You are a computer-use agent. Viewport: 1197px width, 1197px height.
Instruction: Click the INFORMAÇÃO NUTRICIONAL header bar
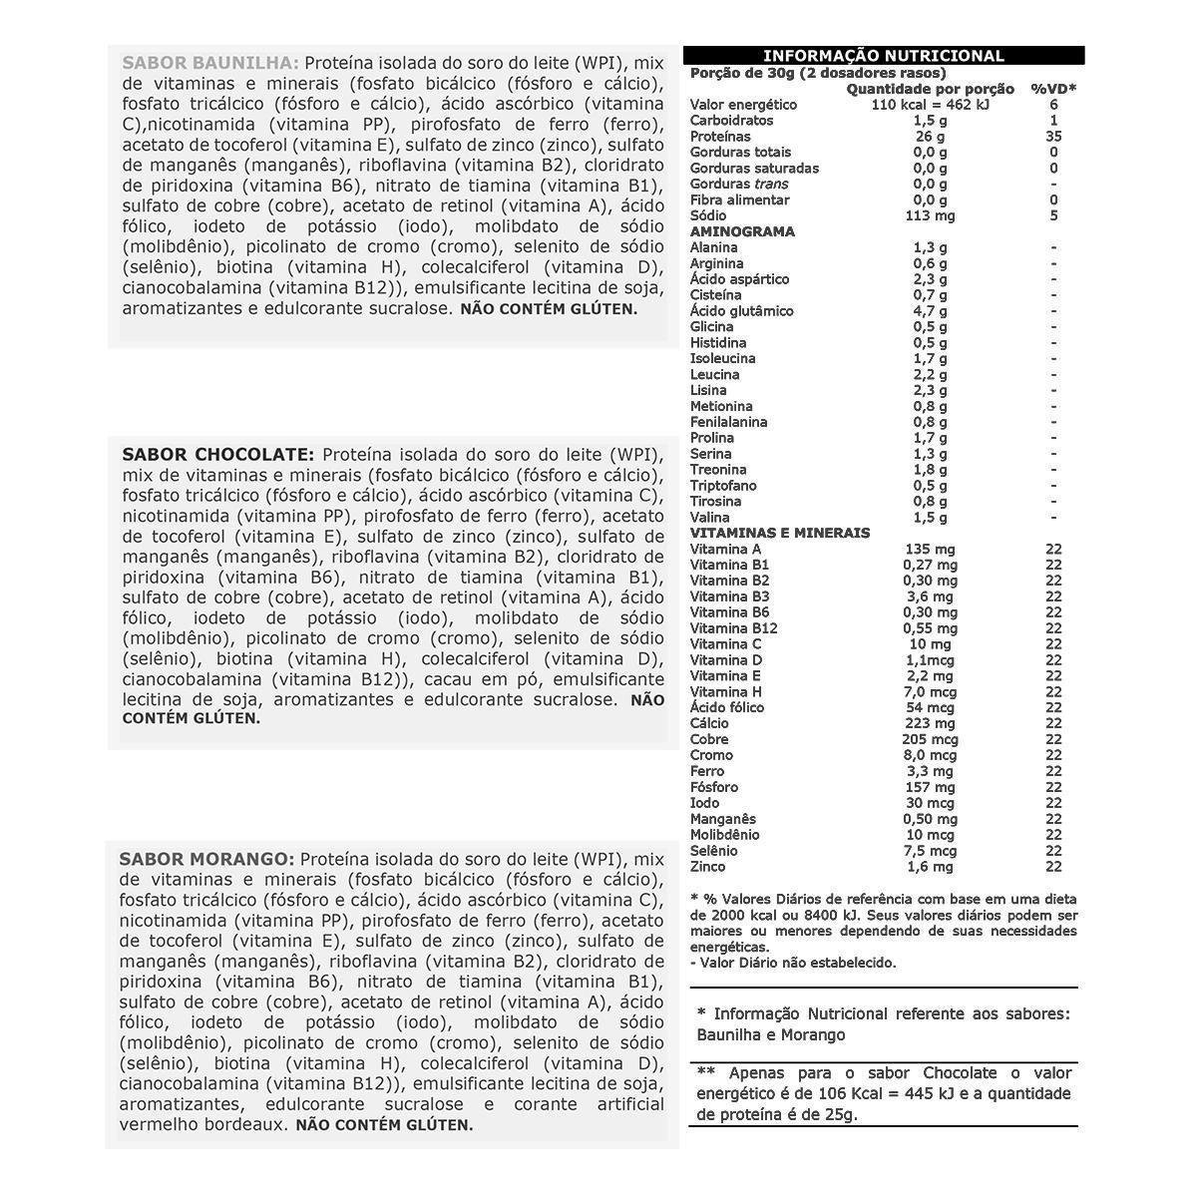(883, 56)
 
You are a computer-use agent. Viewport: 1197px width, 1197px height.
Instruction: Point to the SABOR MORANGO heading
(206, 859)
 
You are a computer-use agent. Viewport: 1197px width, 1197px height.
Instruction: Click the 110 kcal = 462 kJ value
(930, 105)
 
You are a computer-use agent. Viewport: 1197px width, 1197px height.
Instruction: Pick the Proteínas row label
(720, 137)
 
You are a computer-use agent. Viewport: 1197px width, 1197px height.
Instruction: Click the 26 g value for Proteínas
(930, 137)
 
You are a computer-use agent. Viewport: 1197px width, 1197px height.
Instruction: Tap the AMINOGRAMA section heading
(742, 231)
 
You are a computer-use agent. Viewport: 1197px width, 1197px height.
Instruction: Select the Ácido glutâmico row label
(741, 311)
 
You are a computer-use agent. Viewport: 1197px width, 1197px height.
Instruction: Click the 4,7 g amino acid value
(930, 311)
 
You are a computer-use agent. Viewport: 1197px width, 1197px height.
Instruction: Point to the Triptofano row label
(723, 486)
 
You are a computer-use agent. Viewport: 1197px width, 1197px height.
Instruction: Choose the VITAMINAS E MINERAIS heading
(780, 533)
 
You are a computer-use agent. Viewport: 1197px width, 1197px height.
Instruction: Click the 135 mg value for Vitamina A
(930, 549)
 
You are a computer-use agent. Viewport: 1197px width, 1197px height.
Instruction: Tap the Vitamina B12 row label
(733, 628)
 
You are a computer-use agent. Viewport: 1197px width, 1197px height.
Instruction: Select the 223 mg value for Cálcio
(930, 723)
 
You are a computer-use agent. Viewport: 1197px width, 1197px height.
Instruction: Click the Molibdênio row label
(724, 835)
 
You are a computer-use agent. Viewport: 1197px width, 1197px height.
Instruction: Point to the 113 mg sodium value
(930, 215)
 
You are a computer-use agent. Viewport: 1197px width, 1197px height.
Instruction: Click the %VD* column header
(1053, 89)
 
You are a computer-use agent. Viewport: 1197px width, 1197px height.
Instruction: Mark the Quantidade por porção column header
(930, 89)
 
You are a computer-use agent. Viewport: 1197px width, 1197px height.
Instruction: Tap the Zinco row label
(708, 867)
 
